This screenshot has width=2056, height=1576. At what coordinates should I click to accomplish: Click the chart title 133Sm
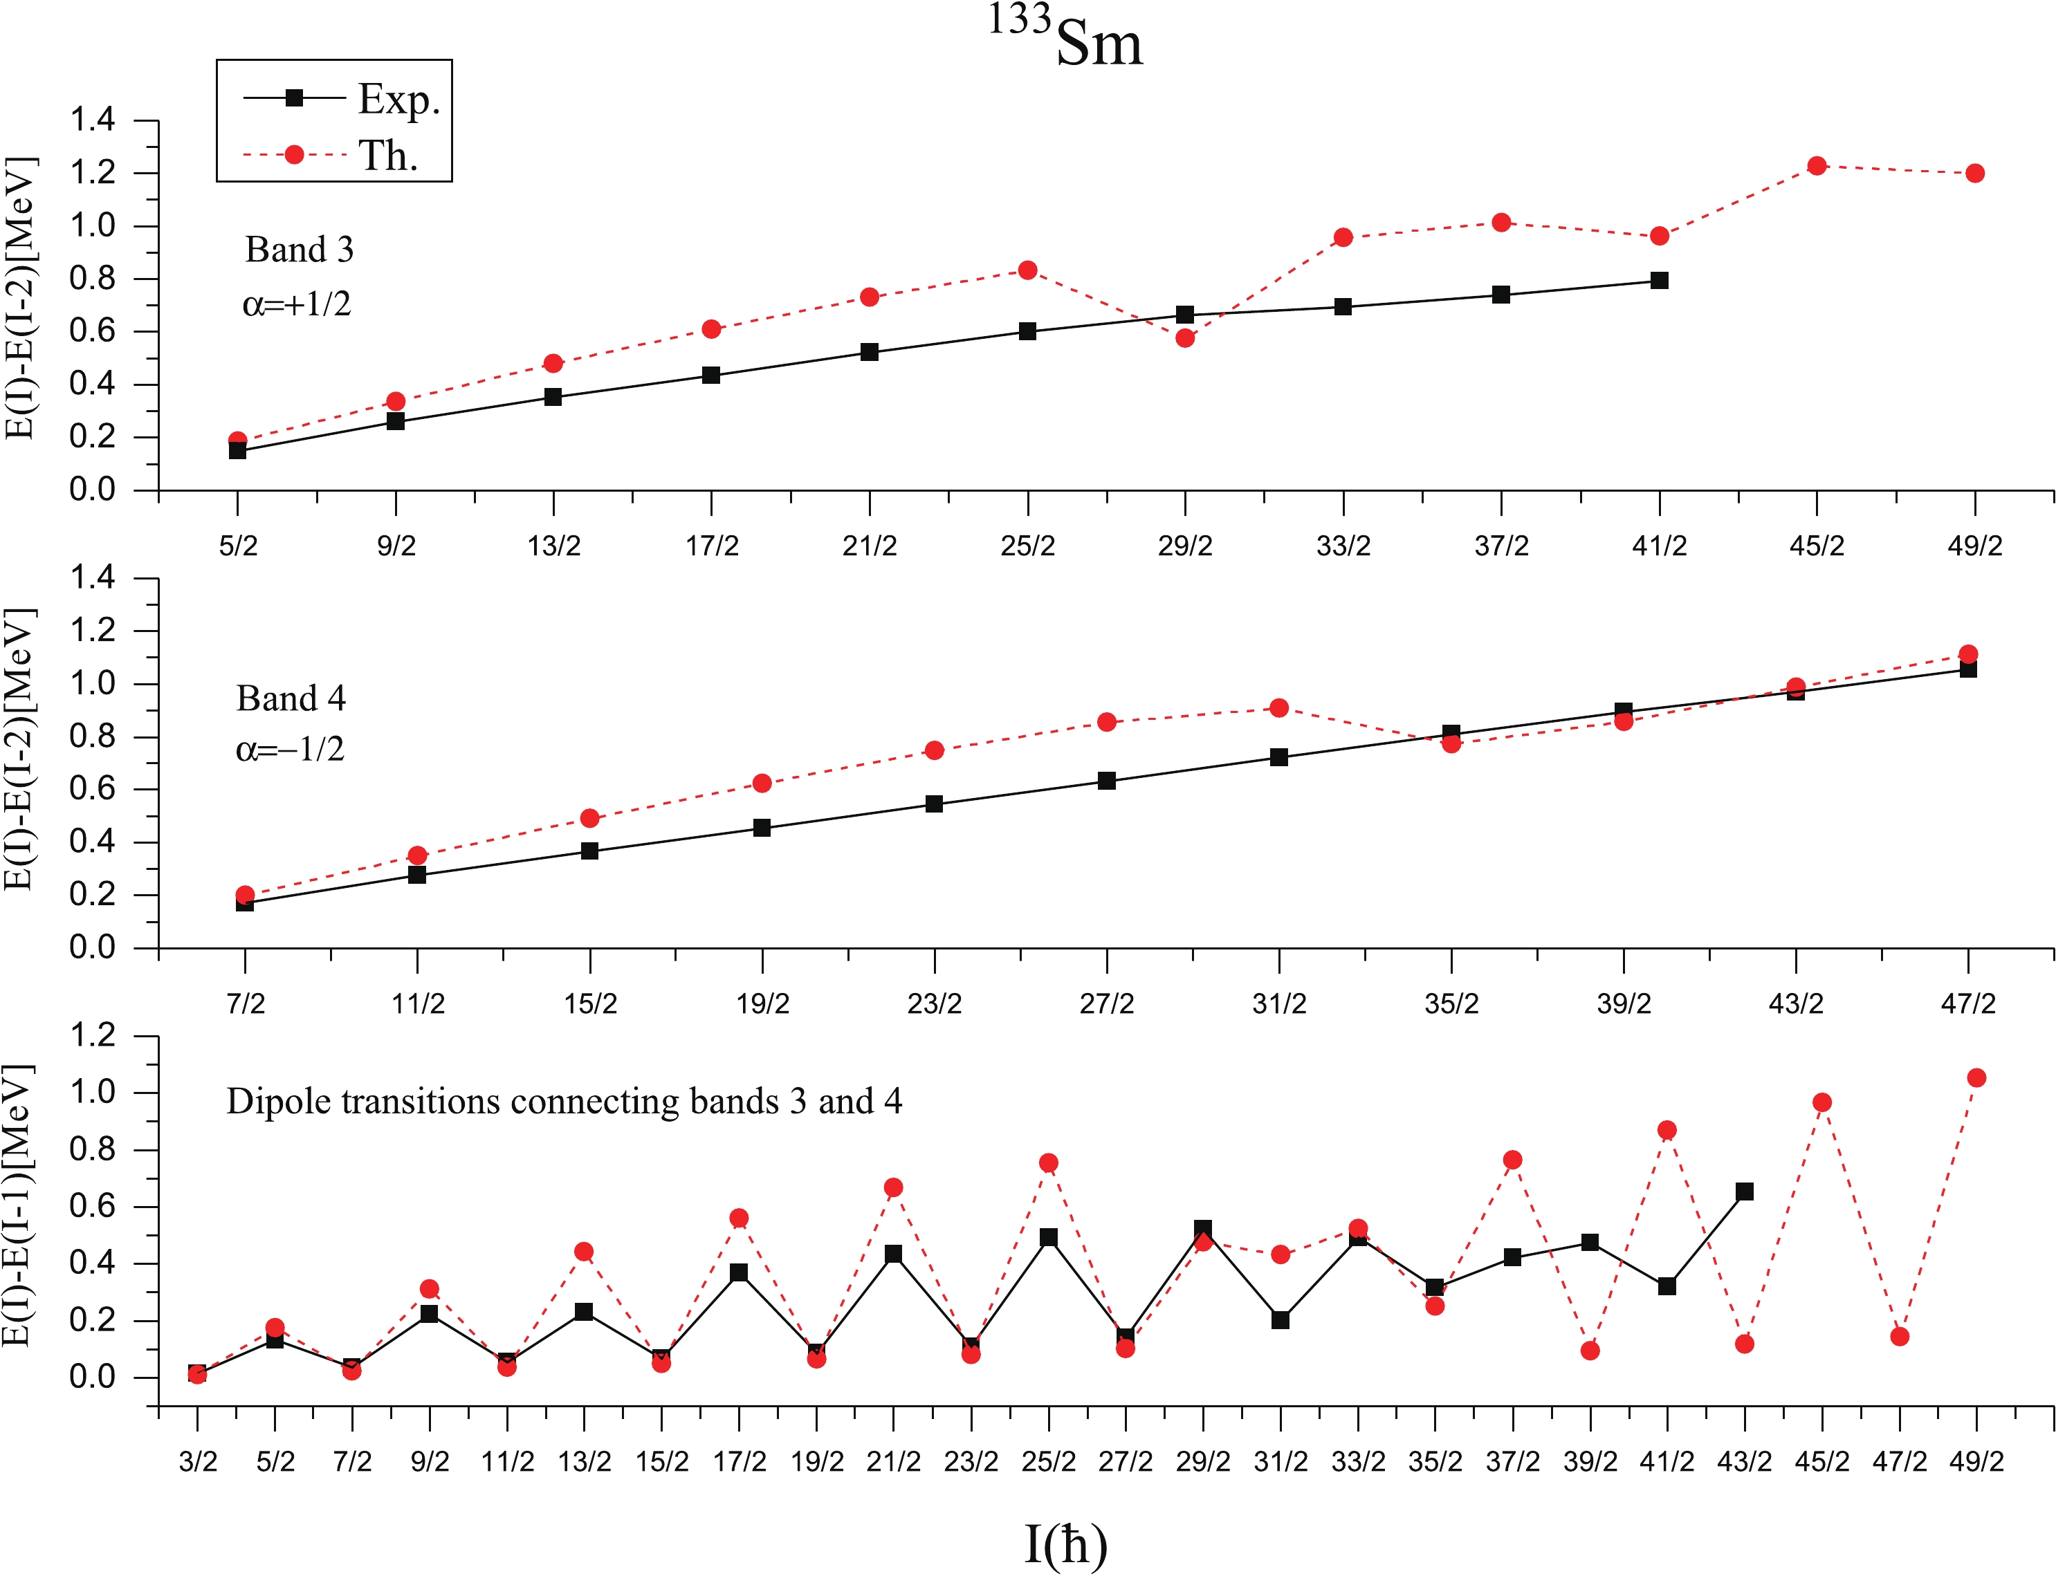[1066, 39]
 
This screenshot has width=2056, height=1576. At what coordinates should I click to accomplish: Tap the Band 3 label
[300, 250]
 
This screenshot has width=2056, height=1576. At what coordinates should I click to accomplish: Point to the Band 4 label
[291, 698]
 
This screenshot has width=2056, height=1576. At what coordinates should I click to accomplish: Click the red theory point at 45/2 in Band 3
[1817, 166]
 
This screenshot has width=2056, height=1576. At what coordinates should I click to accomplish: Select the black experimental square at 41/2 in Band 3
[1659, 281]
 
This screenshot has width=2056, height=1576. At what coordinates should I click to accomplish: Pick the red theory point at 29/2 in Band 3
[1185, 337]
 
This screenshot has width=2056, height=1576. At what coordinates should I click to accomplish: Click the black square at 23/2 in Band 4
[934, 804]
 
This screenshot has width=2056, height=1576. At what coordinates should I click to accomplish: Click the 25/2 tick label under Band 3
[1027, 546]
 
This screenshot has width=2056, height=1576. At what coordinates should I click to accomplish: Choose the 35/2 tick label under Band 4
[1451, 1005]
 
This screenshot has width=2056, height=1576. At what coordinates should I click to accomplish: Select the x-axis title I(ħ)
[1065, 1543]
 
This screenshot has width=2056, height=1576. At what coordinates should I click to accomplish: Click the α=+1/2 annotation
[297, 304]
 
